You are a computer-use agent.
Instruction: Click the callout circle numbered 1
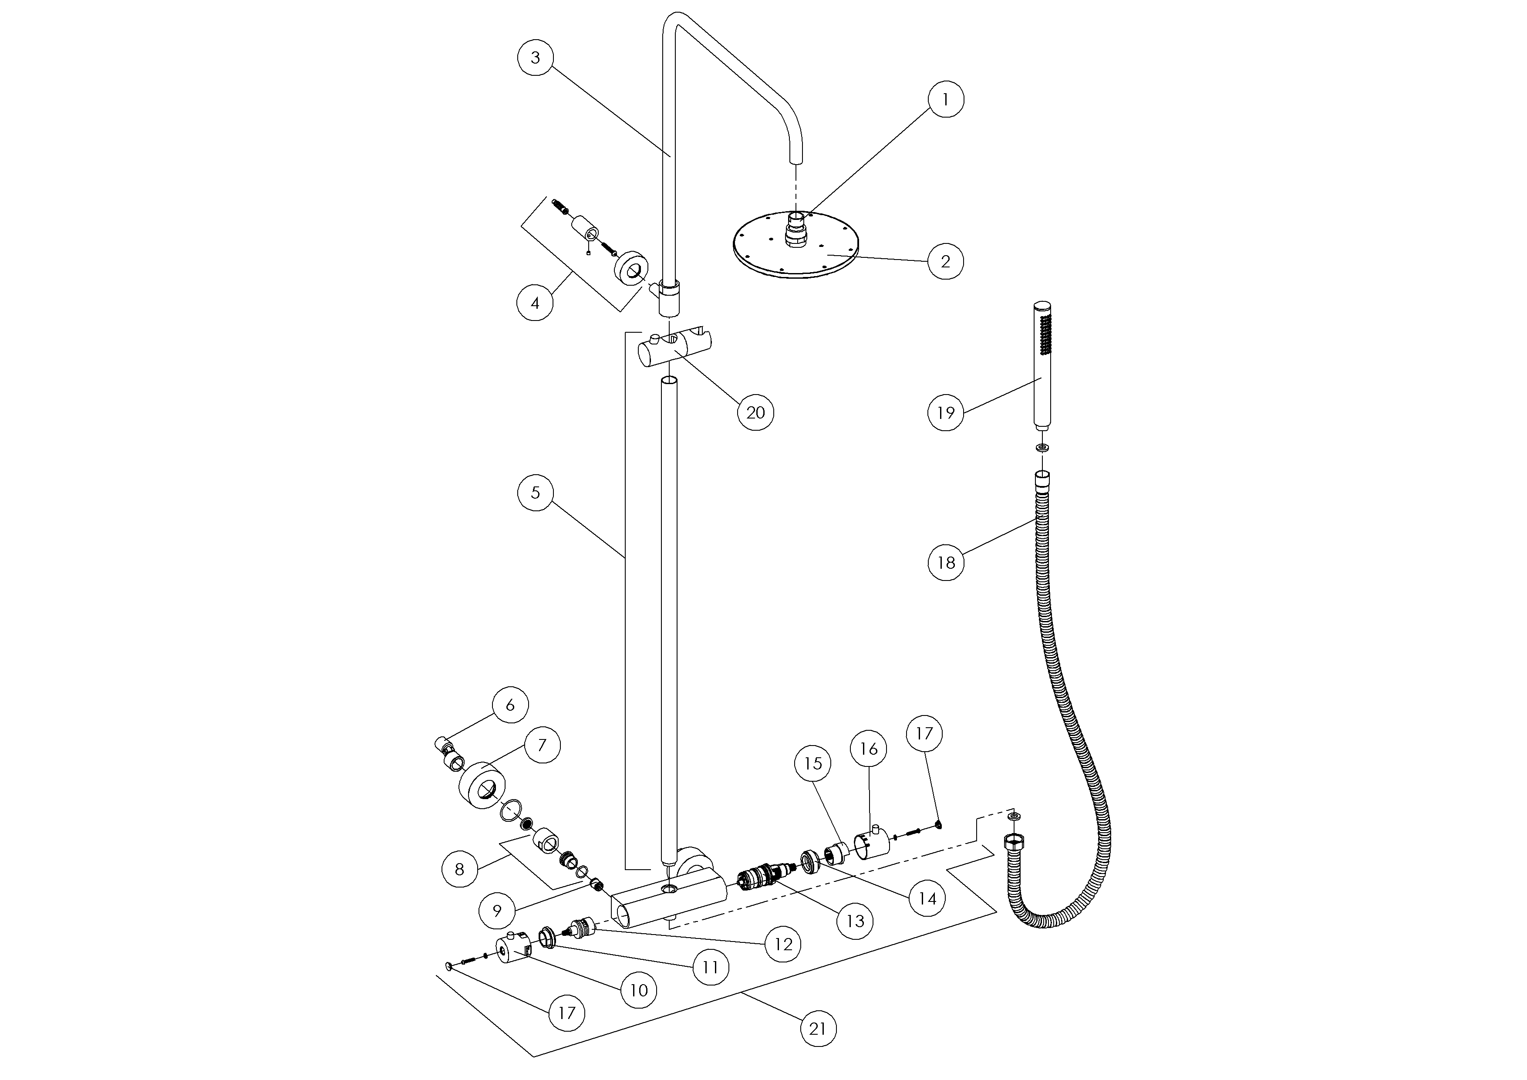click(945, 100)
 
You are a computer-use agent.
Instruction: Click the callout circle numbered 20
click(755, 412)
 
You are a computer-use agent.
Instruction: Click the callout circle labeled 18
click(946, 563)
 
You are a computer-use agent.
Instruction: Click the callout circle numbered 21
click(817, 1029)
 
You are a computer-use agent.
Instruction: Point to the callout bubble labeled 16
click(869, 749)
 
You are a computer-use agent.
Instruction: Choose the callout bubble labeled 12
click(783, 944)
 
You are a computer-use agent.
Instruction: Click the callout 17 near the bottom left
click(566, 1013)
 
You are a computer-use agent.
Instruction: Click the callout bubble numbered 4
click(536, 303)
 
